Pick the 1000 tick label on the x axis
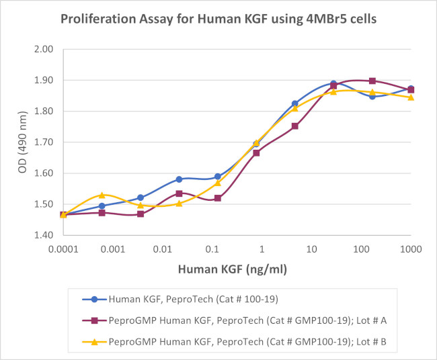tap(410, 249)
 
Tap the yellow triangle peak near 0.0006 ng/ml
tap(102, 195)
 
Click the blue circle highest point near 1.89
tap(333, 83)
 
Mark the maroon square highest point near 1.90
tap(372, 81)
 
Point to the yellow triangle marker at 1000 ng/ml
tap(411, 97)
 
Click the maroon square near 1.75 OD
tap(294, 126)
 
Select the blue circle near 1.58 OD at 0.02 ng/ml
tap(179, 179)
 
